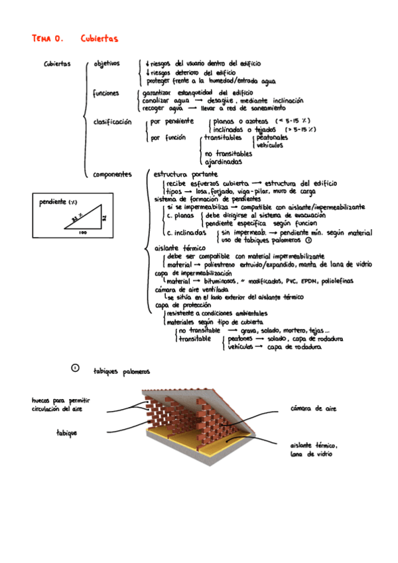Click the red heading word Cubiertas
click(99, 39)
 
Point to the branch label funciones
click(106, 93)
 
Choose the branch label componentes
click(113, 174)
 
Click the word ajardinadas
click(224, 161)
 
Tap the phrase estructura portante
click(179, 174)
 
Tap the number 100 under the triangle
click(82, 233)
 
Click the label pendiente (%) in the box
click(58, 201)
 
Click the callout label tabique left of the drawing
click(66, 433)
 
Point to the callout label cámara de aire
click(313, 408)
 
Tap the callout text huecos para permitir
click(61, 401)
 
